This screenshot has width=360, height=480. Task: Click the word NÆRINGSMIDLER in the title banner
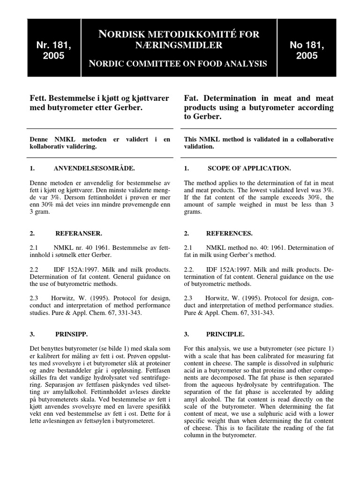point(179,45)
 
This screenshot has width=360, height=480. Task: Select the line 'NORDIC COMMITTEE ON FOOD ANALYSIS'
point(179,63)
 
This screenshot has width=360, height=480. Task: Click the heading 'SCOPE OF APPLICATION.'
point(249,168)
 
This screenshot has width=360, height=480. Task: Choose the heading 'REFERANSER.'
point(78,233)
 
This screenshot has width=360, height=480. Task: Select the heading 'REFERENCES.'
point(229,233)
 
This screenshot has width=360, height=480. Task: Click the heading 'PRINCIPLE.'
point(225,334)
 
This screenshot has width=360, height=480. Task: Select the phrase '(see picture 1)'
point(312,349)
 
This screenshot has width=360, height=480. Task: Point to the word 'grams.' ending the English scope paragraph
point(193,212)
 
